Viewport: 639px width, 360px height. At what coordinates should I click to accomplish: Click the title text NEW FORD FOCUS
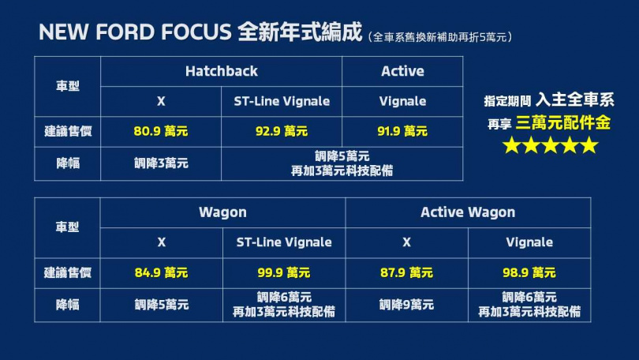(x=134, y=33)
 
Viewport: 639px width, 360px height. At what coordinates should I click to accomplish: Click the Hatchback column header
(x=221, y=71)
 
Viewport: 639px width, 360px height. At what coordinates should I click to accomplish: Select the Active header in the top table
(x=402, y=71)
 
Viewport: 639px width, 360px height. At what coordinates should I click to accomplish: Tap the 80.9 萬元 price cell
(x=161, y=131)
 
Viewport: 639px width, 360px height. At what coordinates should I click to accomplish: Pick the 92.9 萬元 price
(x=282, y=131)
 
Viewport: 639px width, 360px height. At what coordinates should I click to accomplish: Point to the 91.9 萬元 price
(x=402, y=131)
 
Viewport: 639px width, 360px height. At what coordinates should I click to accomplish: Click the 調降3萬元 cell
(x=161, y=163)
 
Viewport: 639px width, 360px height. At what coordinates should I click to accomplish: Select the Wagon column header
(x=222, y=212)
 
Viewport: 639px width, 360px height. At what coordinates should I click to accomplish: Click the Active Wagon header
(x=468, y=212)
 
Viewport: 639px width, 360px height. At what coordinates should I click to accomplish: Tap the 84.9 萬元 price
(x=161, y=273)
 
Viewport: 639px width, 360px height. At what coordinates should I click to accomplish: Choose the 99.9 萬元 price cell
(x=283, y=273)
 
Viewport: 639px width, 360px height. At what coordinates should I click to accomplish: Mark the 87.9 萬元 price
(x=406, y=273)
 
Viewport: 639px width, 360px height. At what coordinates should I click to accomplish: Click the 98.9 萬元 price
(x=529, y=273)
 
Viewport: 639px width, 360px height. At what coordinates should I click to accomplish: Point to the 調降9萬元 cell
(x=406, y=305)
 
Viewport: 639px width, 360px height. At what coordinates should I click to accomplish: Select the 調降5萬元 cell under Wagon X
(x=161, y=305)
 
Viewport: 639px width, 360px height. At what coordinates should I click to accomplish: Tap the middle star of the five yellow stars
(x=550, y=145)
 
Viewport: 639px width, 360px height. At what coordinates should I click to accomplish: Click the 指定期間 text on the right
(x=507, y=101)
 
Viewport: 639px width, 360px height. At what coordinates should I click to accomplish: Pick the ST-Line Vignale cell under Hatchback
(x=282, y=101)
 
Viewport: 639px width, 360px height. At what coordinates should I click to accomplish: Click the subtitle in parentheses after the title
(x=440, y=36)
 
